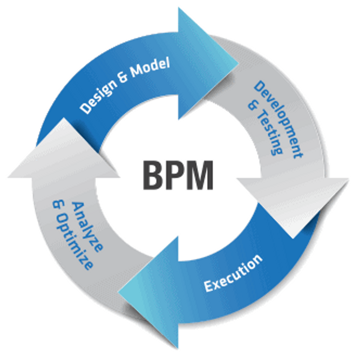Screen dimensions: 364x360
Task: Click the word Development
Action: (x=280, y=118)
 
